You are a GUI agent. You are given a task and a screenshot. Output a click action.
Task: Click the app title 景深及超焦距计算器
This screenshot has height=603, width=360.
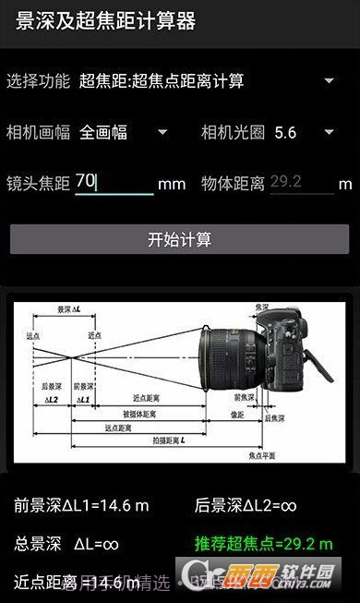pyautogui.click(x=106, y=20)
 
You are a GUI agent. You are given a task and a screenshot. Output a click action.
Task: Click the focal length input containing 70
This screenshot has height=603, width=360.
pyautogui.click(x=114, y=182)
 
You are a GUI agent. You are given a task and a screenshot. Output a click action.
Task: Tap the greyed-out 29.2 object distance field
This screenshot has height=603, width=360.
pyautogui.click(x=301, y=182)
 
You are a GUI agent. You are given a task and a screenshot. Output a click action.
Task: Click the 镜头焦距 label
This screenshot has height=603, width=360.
pyautogui.click(x=38, y=183)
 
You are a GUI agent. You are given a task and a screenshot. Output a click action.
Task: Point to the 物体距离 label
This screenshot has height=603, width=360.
pyautogui.click(x=233, y=183)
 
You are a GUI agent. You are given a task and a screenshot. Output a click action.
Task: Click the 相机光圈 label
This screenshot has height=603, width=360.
pyautogui.click(x=233, y=132)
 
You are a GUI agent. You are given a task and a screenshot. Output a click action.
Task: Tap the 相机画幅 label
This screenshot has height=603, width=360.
pyautogui.click(x=38, y=132)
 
